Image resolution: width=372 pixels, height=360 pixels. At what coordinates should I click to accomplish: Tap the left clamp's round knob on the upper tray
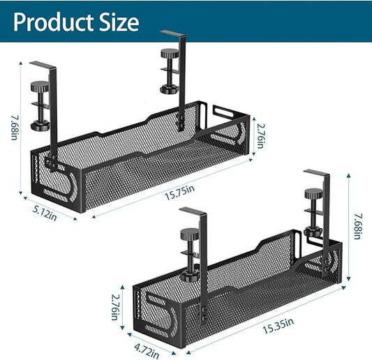click(x=40, y=90)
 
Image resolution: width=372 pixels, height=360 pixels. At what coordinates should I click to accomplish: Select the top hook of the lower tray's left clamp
click(x=192, y=211)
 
